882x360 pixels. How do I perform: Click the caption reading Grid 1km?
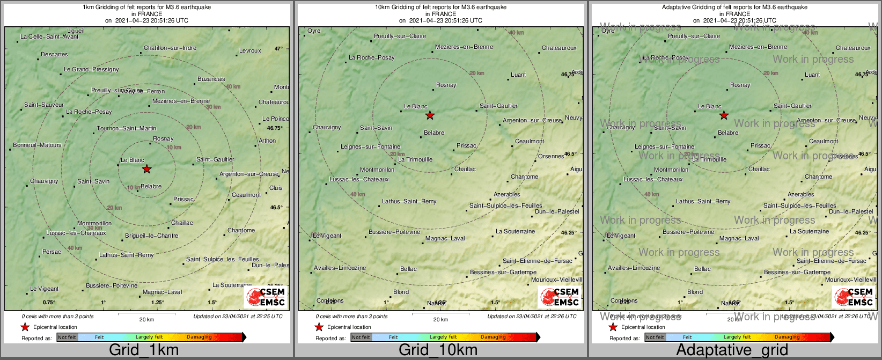click(144, 350)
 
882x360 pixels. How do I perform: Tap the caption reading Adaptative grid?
click(732, 350)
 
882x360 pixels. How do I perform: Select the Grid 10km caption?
click(438, 350)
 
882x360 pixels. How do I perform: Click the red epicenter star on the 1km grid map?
click(147, 170)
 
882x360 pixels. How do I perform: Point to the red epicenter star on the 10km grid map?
click(430, 115)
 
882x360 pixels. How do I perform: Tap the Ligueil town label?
click(76, 31)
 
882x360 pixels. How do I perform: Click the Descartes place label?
click(54, 54)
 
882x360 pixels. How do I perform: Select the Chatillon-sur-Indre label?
click(170, 48)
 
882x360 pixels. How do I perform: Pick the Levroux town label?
click(250, 51)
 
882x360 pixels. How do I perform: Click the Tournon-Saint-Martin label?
click(127, 128)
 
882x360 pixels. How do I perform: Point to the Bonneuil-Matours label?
click(37, 145)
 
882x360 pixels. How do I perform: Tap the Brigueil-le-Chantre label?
click(151, 236)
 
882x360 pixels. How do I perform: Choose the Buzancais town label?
click(211, 79)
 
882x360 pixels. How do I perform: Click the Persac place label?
click(52, 252)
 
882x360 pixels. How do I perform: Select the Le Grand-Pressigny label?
click(91, 69)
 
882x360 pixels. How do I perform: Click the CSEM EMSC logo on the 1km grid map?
click(266, 297)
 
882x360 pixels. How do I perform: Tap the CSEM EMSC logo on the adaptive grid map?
click(854, 297)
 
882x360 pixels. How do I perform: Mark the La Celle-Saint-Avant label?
click(49, 36)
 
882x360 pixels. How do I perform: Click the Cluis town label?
click(276, 188)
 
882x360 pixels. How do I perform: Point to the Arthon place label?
click(267, 141)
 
